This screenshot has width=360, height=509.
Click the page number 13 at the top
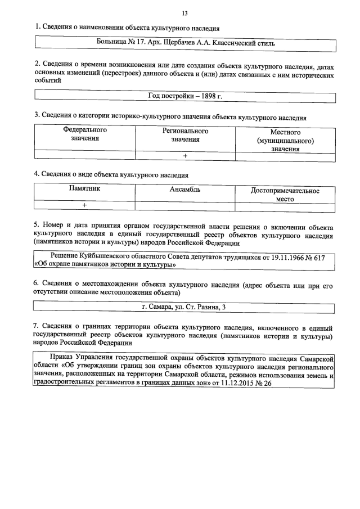[185, 13]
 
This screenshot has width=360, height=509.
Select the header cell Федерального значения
[85, 134]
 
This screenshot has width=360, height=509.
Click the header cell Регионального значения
[185, 134]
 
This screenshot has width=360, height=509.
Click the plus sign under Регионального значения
[185, 156]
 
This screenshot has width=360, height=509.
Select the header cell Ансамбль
[185, 190]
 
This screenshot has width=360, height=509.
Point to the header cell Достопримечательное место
[285, 194]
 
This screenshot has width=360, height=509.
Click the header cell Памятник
[85, 190]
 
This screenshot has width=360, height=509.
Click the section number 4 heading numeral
[36, 175]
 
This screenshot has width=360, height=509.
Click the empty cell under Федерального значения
[85, 156]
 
